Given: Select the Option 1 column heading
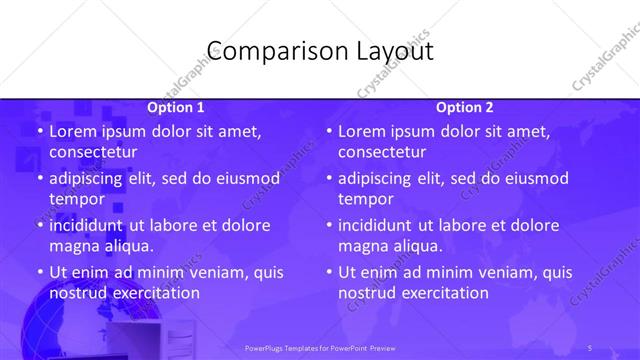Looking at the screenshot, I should [x=176, y=107].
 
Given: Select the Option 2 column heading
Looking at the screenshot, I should [x=465, y=107].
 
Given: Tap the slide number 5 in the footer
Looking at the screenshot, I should [x=591, y=347].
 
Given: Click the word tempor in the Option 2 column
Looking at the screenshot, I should [x=366, y=199].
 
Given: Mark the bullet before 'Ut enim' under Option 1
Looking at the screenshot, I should [x=39, y=272].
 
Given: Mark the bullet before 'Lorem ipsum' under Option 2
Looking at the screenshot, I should [x=329, y=131].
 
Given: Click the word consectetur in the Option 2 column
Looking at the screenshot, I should [x=382, y=152].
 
